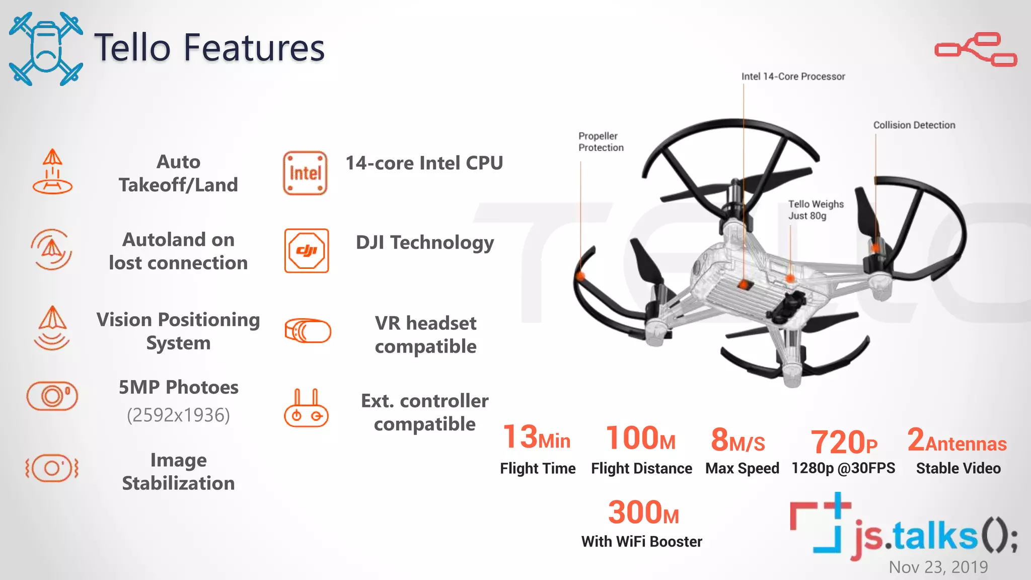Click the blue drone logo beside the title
tap(46, 49)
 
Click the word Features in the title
tap(254, 48)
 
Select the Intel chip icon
tap(305, 173)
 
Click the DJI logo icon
tap(306, 251)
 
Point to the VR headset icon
tap(308, 331)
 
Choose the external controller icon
tap(306, 409)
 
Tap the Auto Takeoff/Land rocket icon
tap(52, 172)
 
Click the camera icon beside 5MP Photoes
tap(52, 396)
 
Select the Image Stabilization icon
tap(52, 468)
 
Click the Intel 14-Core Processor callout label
tap(793, 77)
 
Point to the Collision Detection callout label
tap(914, 125)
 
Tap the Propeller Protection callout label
tap(601, 141)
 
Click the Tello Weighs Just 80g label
tap(816, 209)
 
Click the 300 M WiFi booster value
tap(643, 513)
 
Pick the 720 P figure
tap(843, 442)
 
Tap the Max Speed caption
tap(742, 468)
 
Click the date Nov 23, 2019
tap(938, 567)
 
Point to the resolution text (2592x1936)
tap(178, 415)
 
